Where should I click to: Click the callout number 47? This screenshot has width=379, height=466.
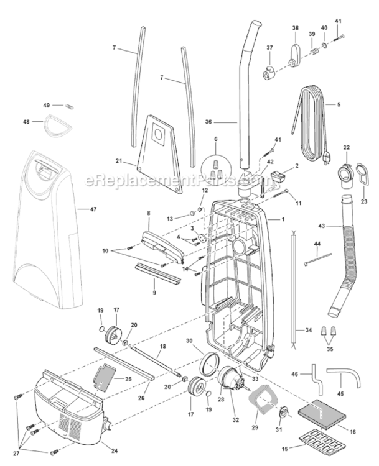tap(93, 209)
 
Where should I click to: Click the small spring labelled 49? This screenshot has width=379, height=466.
tap(69, 106)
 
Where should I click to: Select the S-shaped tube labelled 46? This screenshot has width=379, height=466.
tap(316, 380)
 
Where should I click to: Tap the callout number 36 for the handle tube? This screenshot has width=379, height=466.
tap(208, 122)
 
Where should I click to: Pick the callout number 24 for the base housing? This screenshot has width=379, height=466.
tap(115, 451)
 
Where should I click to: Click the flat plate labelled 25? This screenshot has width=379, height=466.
tap(104, 377)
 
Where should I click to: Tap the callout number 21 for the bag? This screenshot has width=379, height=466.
tap(119, 161)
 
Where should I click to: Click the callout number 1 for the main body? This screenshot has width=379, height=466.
tap(283, 219)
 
